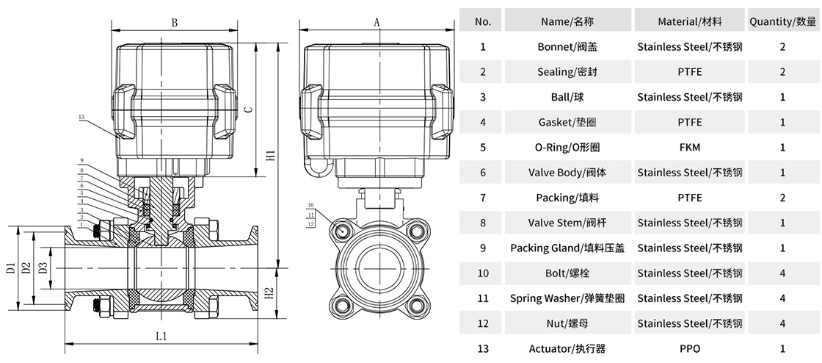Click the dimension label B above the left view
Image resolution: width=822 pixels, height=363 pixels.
coord(175,23)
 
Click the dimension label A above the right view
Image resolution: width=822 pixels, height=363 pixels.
coord(377,22)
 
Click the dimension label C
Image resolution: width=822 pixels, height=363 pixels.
coord(249,110)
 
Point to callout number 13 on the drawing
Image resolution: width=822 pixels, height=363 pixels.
coord(81,117)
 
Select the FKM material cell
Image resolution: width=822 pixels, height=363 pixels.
coord(690,147)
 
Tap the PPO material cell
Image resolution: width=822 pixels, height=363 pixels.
coord(690,349)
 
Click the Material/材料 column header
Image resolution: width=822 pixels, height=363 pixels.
coord(690,21)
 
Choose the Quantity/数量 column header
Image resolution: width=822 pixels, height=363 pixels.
coord(782,21)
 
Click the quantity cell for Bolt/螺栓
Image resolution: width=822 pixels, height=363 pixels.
coord(782,273)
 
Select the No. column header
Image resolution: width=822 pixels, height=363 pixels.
coord(483,21)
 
